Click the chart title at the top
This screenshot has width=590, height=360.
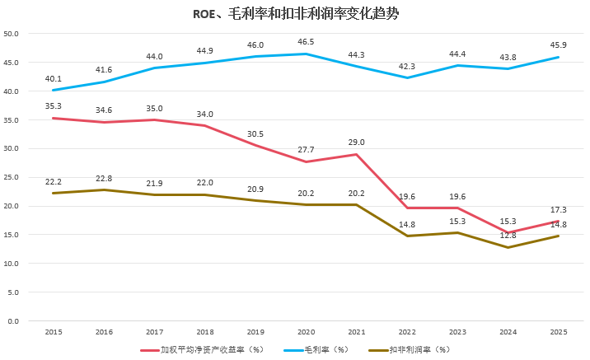(295, 14)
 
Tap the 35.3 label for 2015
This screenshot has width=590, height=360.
(53, 105)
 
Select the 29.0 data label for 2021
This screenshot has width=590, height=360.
(356, 142)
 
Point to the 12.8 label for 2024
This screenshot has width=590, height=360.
(508, 235)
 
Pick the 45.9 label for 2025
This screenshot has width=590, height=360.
(559, 44)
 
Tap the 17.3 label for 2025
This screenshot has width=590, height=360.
(559, 210)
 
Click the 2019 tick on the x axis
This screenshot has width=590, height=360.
(255, 332)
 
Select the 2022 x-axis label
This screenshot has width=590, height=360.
(407, 332)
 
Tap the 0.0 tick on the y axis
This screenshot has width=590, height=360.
(14, 320)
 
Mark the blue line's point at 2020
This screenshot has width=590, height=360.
(306, 54)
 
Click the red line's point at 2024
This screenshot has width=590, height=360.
(508, 233)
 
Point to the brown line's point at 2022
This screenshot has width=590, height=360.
(407, 236)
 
